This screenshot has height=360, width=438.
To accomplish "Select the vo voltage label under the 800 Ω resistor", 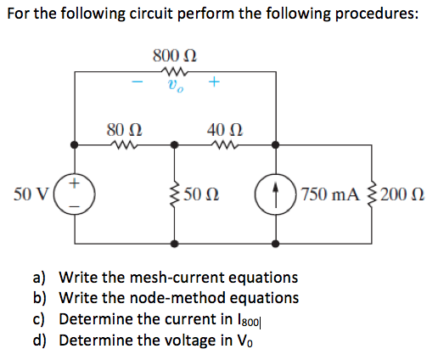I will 175,85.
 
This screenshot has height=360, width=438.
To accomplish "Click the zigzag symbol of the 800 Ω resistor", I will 175,71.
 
